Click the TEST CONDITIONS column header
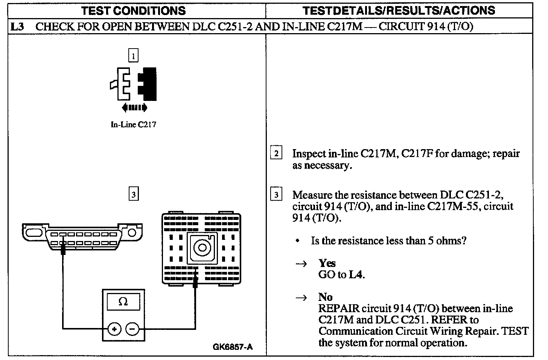[134, 11]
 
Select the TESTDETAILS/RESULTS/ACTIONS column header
[399, 11]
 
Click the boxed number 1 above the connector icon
[133, 56]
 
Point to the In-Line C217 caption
[133, 124]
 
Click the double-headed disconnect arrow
[134, 108]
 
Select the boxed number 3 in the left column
[133, 194]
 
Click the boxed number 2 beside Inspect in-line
[276, 153]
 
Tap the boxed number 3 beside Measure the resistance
[276, 195]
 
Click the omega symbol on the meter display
[123, 301]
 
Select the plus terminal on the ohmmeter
[114, 329]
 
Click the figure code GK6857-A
[233, 347]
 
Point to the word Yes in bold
[327, 263]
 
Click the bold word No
[325, 297]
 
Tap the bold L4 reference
[356, 275]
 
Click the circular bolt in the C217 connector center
[202, 247]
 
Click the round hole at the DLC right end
[132, 232]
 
